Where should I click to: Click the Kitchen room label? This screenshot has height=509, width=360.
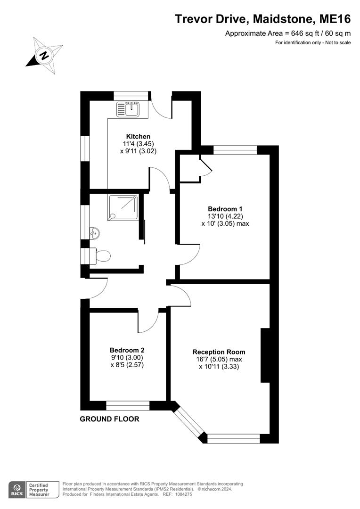[138, 136]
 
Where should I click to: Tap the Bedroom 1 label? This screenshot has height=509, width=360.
[225, 209]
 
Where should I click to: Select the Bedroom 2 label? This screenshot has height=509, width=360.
[127, 350]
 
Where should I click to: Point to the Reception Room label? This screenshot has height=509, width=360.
[219, 352]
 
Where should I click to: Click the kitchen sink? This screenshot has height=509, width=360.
[128, 109]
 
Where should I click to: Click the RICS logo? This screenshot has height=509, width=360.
[17, 490]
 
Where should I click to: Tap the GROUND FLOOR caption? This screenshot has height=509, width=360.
[109, 419]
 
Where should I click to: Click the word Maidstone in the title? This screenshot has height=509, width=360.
[283, 19]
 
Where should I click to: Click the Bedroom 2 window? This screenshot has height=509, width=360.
[128, 405]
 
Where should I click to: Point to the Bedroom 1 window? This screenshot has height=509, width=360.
[235, 150]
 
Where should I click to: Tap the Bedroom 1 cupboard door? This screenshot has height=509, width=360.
[206, 165]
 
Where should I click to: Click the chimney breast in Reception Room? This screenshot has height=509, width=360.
[266, 355]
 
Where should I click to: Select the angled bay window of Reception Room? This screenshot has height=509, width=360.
[189, 421]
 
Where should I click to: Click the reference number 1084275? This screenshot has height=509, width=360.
[183, 494]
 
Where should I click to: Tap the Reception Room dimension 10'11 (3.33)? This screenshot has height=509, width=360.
[219, 367]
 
